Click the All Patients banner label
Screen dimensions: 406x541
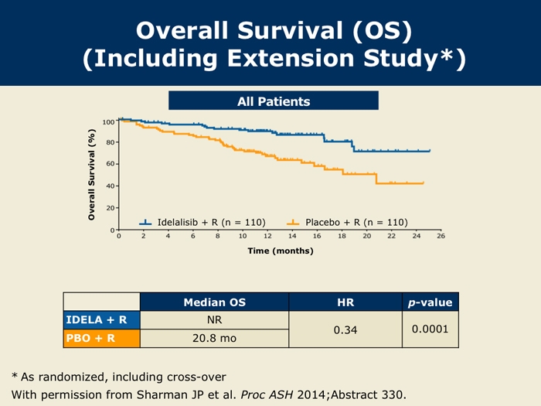pos(274,101)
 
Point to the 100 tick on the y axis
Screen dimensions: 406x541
pos(107,122)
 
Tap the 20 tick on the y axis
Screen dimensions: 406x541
pos(109,208)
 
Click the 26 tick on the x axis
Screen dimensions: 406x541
pos(441,237)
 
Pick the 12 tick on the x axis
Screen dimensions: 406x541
pos(267,237)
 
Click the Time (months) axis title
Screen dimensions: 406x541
pos(280,251)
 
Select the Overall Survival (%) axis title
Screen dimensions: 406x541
pos(91,175)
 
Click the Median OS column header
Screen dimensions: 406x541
pos(214,302)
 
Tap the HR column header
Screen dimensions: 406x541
pos(345,302)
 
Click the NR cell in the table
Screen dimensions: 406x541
pos(214,319)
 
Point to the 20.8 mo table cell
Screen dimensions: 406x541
pos(214,337)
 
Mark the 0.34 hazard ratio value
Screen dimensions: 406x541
pos(345,329)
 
